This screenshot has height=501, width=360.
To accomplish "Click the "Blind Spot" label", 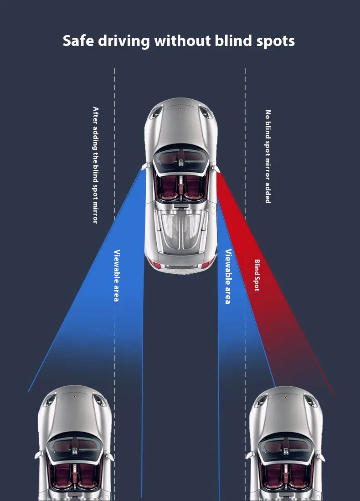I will tap(257, 275).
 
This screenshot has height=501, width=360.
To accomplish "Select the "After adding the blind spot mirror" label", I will tap(95, 164).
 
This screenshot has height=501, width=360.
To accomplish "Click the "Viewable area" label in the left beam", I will tap(117, 275).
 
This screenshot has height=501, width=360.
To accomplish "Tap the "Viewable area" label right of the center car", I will tap(228, 276).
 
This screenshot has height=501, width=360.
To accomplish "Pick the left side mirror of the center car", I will tap(144, 166).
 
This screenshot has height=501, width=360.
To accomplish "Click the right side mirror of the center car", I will tap(216, 167).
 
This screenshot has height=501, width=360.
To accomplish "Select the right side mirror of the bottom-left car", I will tap(110, 455).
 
